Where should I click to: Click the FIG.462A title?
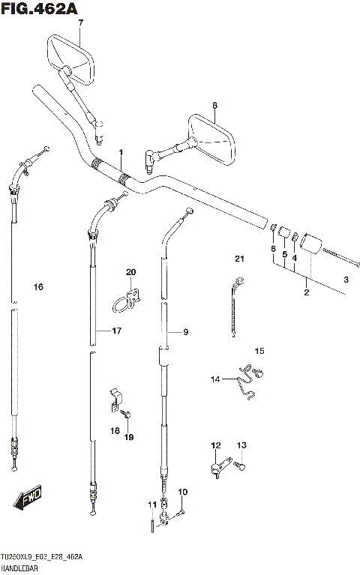click(x=39, y=9)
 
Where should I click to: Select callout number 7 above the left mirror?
click(x=81, y=22)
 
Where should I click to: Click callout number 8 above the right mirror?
click(x=214, y=105)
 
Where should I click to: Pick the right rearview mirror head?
click(x=211, y=139)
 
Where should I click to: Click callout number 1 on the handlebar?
click(x=121, y=152)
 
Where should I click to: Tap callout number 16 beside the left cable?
click(x=38, y=287)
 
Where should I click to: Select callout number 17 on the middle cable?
click(x=117, y=331)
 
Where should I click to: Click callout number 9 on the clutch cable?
click(x=186, y=332)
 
